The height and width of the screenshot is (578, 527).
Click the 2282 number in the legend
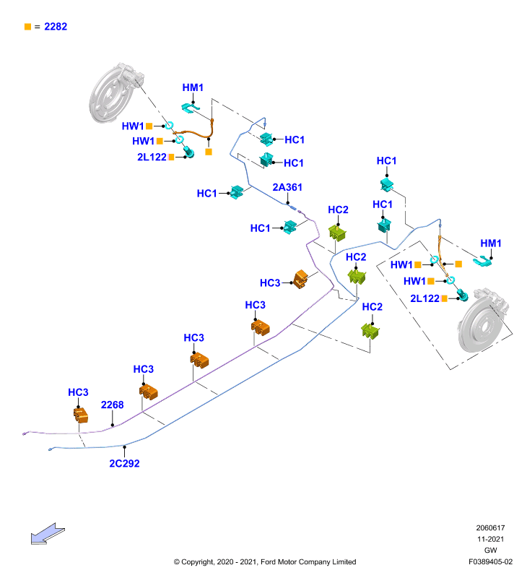[x=56, y=27]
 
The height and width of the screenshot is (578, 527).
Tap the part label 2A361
[x=287, y=187]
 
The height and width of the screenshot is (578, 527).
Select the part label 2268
[x=113, y=405]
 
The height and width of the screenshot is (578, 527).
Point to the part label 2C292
[x=124, y=463]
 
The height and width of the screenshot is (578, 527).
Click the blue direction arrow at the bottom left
[x=48, y=534]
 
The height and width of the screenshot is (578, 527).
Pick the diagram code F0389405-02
[x=490, y=562]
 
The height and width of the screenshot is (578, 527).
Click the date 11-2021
[x=490, y=539]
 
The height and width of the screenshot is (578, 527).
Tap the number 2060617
[x=490, y=528]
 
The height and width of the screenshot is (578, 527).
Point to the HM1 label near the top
[x=193, y=87]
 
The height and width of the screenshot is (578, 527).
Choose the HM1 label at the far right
[x=491, y=243]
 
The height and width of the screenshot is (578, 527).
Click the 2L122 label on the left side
[x=152, y=157]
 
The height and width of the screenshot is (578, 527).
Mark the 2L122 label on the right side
[x=425, y=298]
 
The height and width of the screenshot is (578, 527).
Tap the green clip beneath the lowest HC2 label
[x=370, y=331]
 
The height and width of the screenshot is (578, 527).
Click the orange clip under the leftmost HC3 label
[x=81, y=415]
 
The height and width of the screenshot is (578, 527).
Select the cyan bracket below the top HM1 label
[x=190, y=108]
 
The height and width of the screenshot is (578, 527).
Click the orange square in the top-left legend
[x=27, y=27]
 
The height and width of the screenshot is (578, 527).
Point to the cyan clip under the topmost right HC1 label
[x=387, y=184]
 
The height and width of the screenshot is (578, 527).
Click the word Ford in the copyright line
[x=269, y=562]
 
